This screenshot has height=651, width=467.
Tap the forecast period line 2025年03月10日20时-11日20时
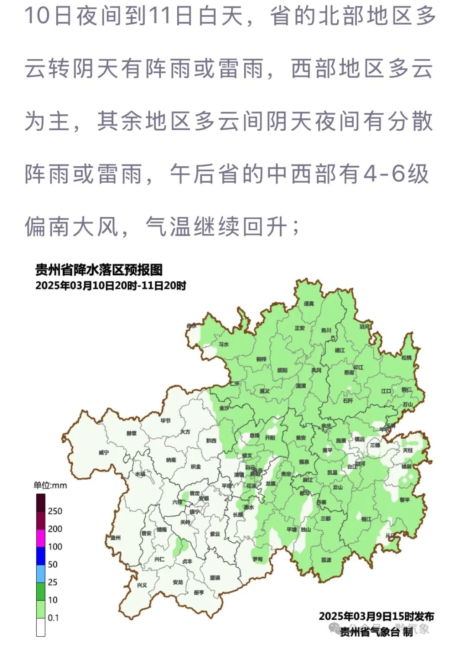pos(111,286)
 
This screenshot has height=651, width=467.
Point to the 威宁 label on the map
pos(104,452)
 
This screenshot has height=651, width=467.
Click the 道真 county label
pos(309,304)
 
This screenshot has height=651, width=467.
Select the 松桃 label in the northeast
pos(406,358)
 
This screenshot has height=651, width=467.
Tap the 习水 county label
pos(224,345)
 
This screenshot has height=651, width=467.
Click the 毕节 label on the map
pos(166,420)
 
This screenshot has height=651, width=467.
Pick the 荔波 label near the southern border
pos(326,560)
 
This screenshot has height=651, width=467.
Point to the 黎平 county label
pos(405,500)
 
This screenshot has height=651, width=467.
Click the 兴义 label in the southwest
pos(142,585)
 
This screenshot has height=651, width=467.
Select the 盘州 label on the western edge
pos(115,538)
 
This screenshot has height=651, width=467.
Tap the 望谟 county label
pos(215,577)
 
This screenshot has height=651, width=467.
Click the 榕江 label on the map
pos(366,519)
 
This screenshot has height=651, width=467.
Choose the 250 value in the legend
pos(55,511)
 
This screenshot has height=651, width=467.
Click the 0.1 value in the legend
pos(53,618)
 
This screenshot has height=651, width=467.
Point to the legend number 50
pos(52,564)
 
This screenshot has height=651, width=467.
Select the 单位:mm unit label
pos(50,486)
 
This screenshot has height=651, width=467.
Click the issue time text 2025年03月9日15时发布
pos(376,616)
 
